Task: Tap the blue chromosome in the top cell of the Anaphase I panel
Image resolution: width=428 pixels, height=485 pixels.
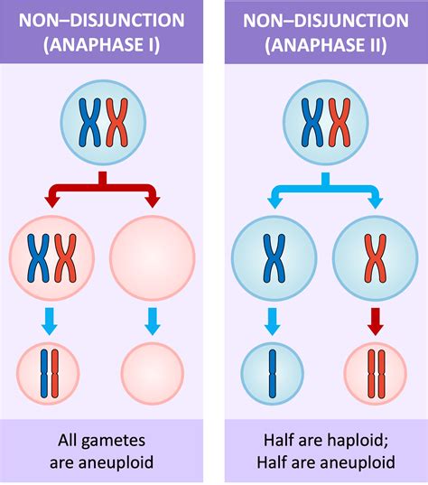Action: [88, 122]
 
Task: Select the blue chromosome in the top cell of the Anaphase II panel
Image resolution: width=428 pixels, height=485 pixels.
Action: [312, 122]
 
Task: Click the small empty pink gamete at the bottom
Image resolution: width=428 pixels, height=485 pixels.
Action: [151, 372]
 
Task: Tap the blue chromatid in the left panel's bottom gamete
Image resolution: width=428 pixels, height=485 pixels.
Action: [42, 372]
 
